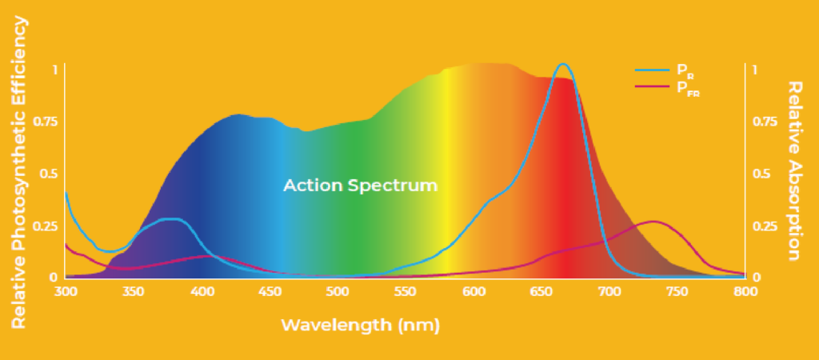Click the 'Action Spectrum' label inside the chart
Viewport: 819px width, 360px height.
pyautogui.click(x=361, y=186)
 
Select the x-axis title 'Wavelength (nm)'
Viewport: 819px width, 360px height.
pyautogui.click(x=361, y=326)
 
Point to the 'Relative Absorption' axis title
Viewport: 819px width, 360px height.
pyautogui.click(x=794, y=170)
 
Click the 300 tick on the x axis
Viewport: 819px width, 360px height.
pyautogui.click(x=66, y=292)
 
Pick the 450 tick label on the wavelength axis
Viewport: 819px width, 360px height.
pyautogui.click(x=270, y=292)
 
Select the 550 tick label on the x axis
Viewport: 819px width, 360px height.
pyautogui.click(x=406, y=292)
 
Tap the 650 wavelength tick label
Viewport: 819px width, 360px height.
pyautogui.click(x=541, y=292)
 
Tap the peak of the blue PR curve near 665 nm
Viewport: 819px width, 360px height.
pyautogui.click(x=563, y=65)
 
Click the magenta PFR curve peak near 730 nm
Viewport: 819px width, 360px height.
pyautogui.click(x=654, y=222)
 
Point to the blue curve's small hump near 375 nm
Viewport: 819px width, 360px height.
pyautogui.click(x=169, y=218)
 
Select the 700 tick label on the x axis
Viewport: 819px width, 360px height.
pyautogui.click(x=609, y=292)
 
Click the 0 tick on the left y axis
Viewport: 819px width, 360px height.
pyautogui.click(x=54, y=278)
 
